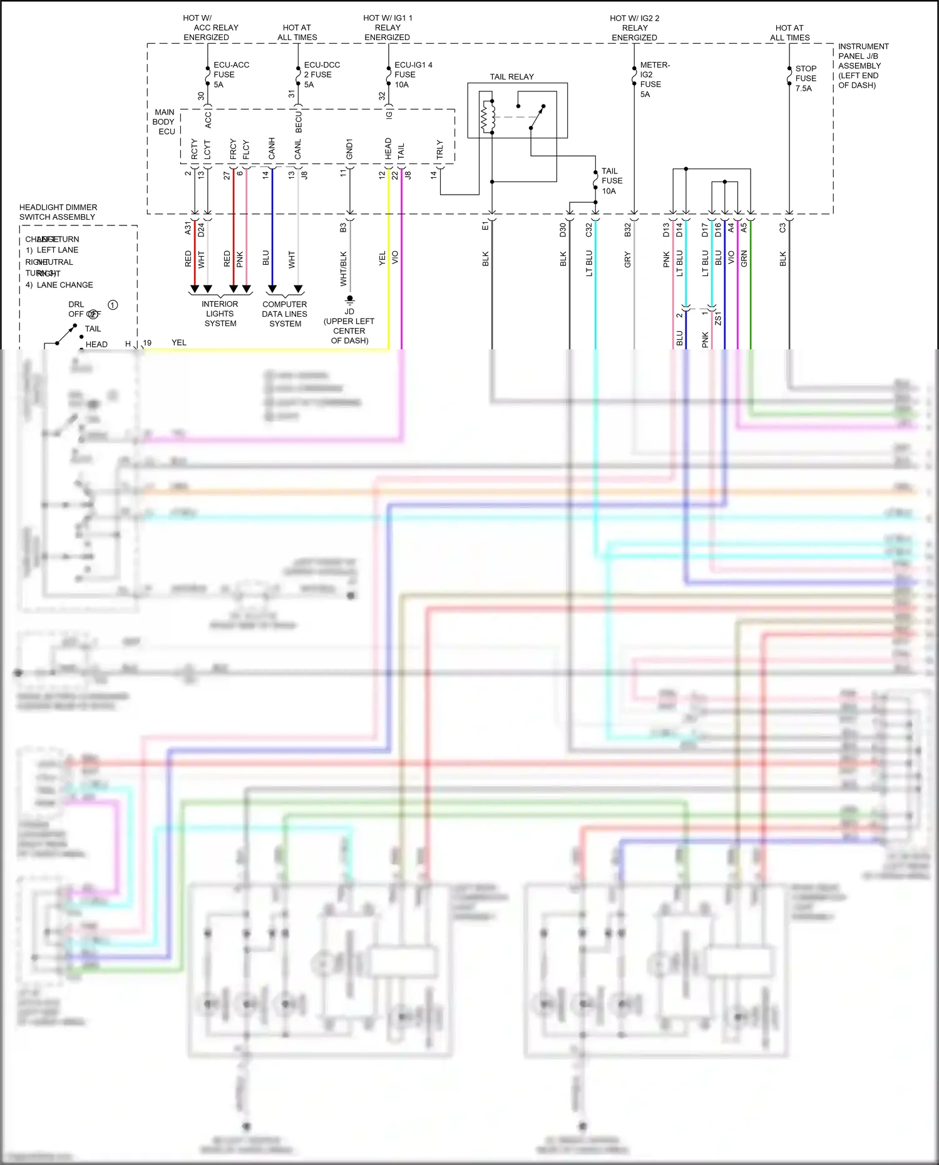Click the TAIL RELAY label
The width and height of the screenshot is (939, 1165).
[511, 77]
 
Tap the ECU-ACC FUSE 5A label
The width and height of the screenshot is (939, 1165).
[230, 74]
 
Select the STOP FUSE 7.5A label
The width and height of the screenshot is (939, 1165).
[805, 78]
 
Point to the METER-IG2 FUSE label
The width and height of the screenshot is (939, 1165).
[654, 80]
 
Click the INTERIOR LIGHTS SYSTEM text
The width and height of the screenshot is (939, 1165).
[220, 314]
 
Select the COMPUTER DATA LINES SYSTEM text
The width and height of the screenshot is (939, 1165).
[285, 314]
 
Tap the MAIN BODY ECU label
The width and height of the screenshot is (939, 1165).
[164, 122]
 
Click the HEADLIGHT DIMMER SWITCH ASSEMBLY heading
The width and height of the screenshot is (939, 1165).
[58, 212]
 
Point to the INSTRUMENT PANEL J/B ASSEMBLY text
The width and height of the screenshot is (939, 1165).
[863, 65]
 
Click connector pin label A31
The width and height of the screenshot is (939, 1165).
[188, 229]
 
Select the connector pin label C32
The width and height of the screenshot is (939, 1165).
[588, 230]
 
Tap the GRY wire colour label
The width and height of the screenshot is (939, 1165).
[628, 259]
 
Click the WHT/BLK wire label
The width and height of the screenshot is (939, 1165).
[343, 269]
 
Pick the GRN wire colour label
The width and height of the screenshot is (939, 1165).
[744, 259]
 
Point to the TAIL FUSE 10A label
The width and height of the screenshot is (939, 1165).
[612, 181]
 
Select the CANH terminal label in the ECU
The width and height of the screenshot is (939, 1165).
[272, 149]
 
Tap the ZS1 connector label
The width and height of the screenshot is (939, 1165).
[718, 318]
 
